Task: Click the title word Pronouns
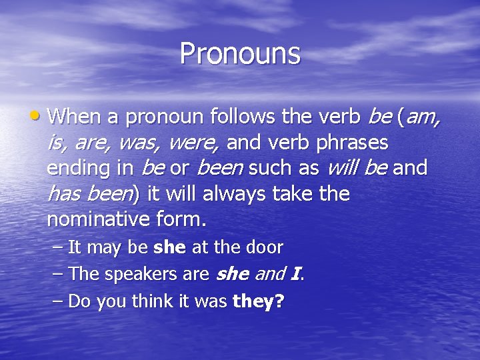pyautogui.click(x=240, y=53)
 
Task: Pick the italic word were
pyautogui.click(x=193, y=143)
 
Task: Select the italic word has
pyautogui.click(x=65, y=193)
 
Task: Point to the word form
pyautogui.click(x=184, y=219)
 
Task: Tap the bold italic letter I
pyautogui.click(x=295, y=274)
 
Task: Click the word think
pyautogui.click(x=152, y=301)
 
